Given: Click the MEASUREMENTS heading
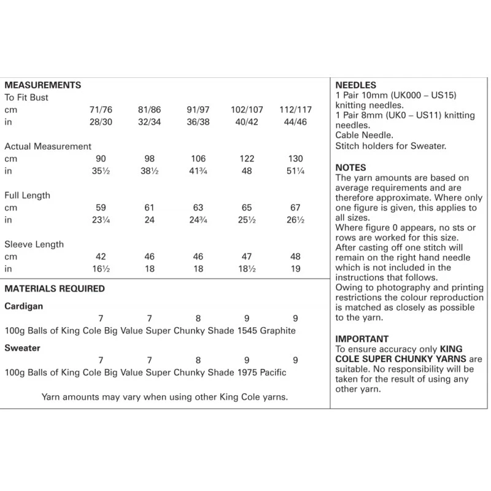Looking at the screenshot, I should point(43,85).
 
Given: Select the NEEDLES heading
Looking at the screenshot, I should point(356,85).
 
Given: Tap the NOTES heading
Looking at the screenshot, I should point(351,168).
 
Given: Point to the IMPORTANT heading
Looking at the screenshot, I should point(362,338).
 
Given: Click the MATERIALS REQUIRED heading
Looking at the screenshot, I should point(55,288).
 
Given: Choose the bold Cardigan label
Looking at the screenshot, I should point(24,306).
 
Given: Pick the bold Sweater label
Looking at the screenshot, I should point(23,348).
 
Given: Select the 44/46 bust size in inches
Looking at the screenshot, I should point(296,122).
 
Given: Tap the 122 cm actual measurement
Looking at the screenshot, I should point(247,159).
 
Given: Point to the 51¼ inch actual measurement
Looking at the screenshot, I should point(296,171).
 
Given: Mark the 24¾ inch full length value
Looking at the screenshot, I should point(199,220).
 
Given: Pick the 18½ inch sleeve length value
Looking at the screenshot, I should point(247,269).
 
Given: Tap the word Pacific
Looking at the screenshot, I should point(270,373).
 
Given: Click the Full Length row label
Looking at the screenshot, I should point(28,196).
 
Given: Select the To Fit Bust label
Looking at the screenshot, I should point(26,98).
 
